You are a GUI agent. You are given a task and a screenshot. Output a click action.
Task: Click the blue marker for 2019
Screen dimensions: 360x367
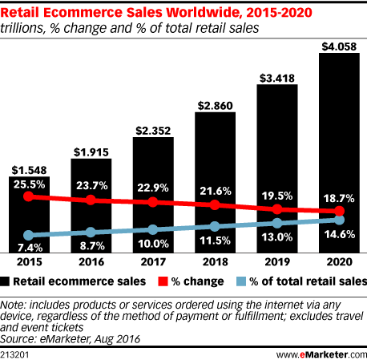(277, 222)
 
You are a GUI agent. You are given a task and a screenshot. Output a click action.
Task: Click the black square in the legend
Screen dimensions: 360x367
(7, 281)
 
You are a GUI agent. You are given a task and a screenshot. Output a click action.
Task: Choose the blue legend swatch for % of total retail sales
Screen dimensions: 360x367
(244, 281)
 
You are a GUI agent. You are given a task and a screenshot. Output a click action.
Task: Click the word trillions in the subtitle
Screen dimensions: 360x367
(23, 26)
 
